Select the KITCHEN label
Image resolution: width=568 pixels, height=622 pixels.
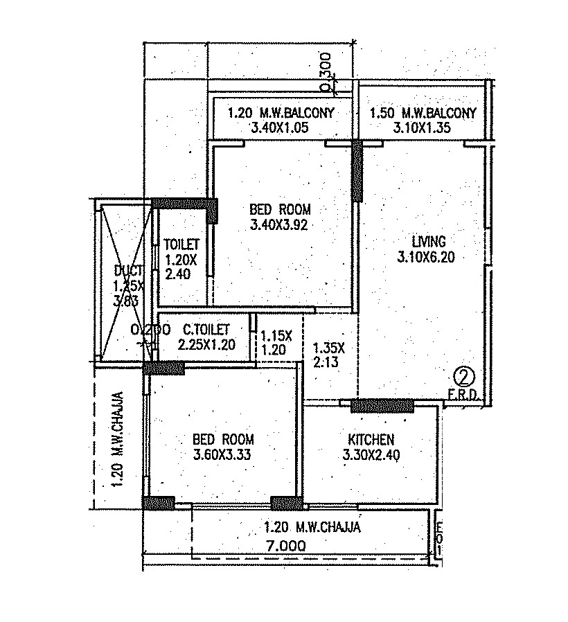(x=371, y=439)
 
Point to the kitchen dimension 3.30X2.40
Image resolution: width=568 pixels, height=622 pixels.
(x=371, y=454)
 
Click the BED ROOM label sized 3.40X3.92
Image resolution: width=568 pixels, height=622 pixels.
(x=280, y=209)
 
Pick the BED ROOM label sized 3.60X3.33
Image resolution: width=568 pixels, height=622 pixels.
(x=223, y=439)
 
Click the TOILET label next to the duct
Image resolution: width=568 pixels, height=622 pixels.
(x=181, y=245)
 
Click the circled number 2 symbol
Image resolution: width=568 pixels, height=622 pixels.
(x=462, y=377)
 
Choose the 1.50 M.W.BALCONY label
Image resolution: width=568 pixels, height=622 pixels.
(x=423, y=113)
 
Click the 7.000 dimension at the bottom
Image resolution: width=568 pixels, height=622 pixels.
(x=284, y=546)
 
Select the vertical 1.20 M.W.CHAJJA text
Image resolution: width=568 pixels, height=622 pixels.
(x=118, y=440)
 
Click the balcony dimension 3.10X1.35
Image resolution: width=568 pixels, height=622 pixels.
(x=423, y=127)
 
